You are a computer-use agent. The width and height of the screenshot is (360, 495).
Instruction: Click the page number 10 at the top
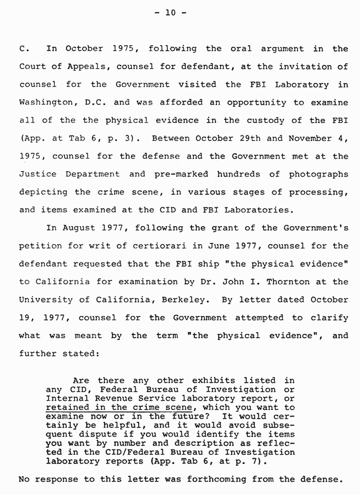(x=170, y=13)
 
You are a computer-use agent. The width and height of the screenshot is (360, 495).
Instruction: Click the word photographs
(x=318, y=174)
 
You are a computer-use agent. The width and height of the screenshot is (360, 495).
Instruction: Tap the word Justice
(x=39, y=174)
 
